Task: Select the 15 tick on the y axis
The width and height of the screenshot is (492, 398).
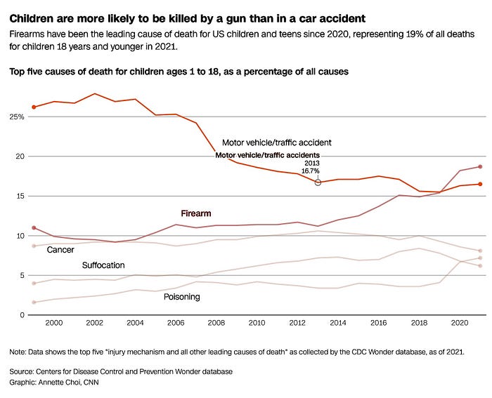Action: pos(17,196)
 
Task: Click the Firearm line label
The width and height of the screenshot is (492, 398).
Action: pos(196,213)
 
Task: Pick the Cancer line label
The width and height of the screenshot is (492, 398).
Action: pos(60,250)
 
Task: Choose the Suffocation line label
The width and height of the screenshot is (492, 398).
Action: pos(103,265)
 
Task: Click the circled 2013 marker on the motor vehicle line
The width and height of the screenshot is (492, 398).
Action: pos(318,183)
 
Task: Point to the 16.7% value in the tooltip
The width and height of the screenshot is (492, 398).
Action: pos(310,171)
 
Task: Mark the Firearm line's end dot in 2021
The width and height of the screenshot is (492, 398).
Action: pos(479,166)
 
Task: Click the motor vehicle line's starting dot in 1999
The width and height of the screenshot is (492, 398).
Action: pos(34,107)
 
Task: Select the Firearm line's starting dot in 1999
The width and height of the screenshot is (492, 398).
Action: pos(34,228)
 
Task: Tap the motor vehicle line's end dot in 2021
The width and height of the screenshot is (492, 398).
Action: pos(479,184)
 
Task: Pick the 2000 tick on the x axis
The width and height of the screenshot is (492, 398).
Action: pos(54,323)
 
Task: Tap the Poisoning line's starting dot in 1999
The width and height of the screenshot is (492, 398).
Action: pos(34,303)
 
